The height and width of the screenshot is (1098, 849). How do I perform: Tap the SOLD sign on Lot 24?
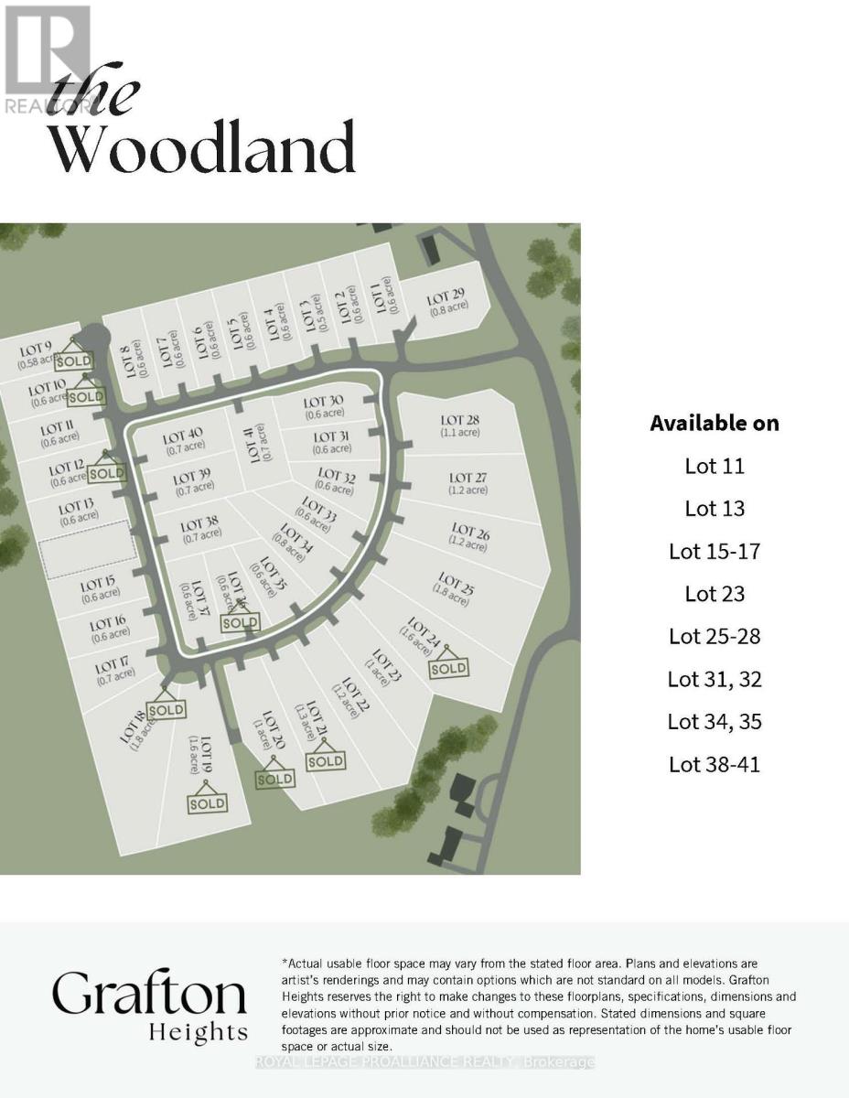[448, 667]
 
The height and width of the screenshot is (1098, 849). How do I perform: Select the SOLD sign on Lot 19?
[207, 802]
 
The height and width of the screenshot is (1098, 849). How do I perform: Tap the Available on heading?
[715, 423]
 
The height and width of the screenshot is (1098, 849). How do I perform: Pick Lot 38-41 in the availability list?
[715, 764]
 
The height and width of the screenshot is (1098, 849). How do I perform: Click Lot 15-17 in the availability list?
[715, 551]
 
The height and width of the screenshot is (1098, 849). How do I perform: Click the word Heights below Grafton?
[198, 1033]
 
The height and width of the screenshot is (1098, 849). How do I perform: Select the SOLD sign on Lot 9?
[74, 361]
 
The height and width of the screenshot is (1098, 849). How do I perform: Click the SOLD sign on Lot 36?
[240, 622]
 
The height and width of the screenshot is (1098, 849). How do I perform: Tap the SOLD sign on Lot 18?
[166, 709]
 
